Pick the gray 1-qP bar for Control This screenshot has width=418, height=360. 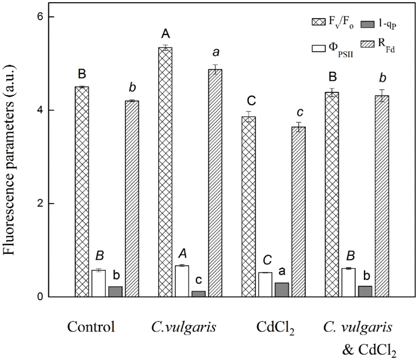(115, 291)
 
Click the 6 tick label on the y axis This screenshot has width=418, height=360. (39, 17)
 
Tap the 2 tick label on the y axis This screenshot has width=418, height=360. (39, 204)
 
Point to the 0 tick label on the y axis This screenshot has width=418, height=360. (39, 297)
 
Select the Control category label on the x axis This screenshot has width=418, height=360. (91, 327)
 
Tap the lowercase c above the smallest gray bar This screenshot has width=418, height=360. (198, 280)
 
